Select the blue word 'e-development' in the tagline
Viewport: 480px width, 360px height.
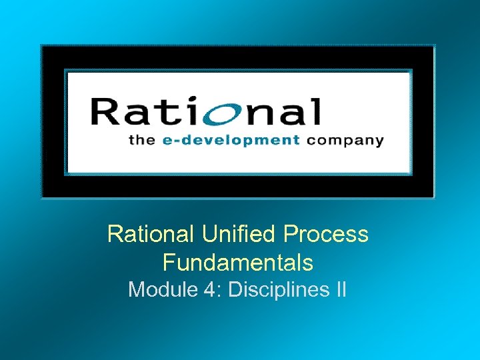231,140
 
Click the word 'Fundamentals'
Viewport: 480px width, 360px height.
237,263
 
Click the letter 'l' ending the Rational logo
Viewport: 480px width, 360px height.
316,111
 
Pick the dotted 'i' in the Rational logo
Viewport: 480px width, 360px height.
200,111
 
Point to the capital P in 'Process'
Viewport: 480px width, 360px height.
291,234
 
